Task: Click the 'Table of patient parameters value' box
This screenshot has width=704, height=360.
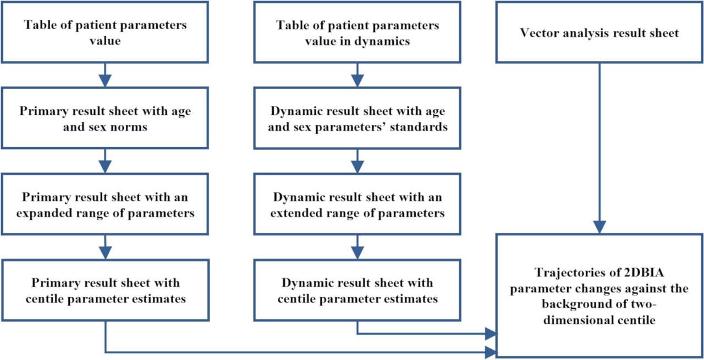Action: click(105, 32)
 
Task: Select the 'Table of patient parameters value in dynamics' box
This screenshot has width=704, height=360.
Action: click(358, 32)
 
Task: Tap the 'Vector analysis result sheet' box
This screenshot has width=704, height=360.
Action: click(599, 32)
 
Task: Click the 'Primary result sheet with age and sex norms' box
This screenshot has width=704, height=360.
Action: click(105, 118)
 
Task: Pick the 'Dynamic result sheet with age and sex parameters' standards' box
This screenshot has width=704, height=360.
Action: click(358, 118)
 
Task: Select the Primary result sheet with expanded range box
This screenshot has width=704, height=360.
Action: click(105, 205)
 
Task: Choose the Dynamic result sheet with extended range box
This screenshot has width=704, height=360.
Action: click(358, 205)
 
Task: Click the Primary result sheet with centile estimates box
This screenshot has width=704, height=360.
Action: click(105, 291)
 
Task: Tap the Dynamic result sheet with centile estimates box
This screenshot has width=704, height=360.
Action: click(358, 291)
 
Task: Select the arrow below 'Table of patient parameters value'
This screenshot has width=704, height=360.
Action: click(105, 75)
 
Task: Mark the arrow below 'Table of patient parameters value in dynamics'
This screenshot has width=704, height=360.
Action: click(358, 75)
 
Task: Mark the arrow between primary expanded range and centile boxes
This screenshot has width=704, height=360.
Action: click(105, 247)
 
